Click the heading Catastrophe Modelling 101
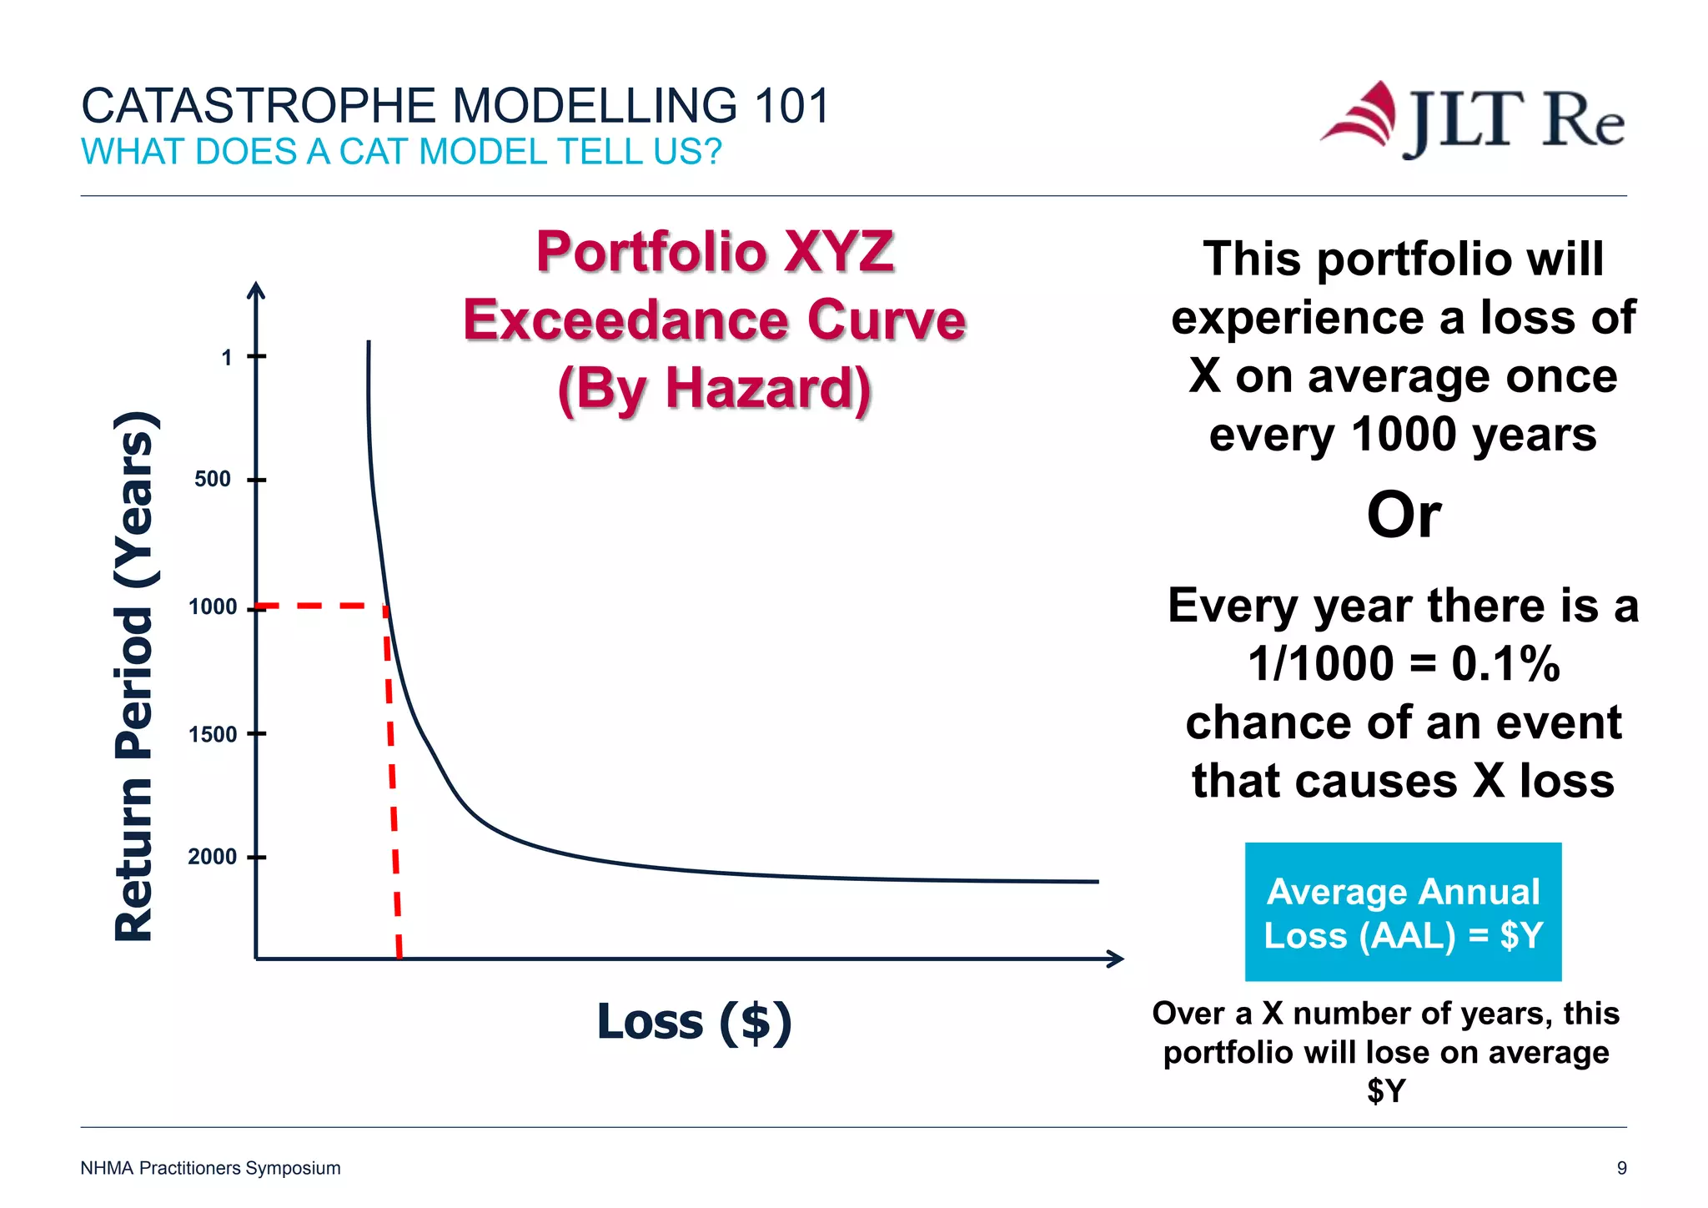click(455, 106)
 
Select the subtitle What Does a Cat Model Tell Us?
click(401, 152)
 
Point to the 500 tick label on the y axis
click(212, 480)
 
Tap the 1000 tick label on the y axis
click(212, 607)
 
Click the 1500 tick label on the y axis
click(212, 735)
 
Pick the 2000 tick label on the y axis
click(212, 857)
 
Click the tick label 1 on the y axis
click(226, 358)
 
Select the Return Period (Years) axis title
click(134, 676)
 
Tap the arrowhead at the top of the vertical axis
click(257, 289)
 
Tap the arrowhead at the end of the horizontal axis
click(1116, 959)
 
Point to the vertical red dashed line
click(393, 784)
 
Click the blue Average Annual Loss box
click(1403, 912)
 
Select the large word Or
click(1404, 515)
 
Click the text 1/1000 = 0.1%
click(1404, 664)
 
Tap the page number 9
click(1621, 1168)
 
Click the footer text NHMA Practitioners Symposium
click(210, 1168)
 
